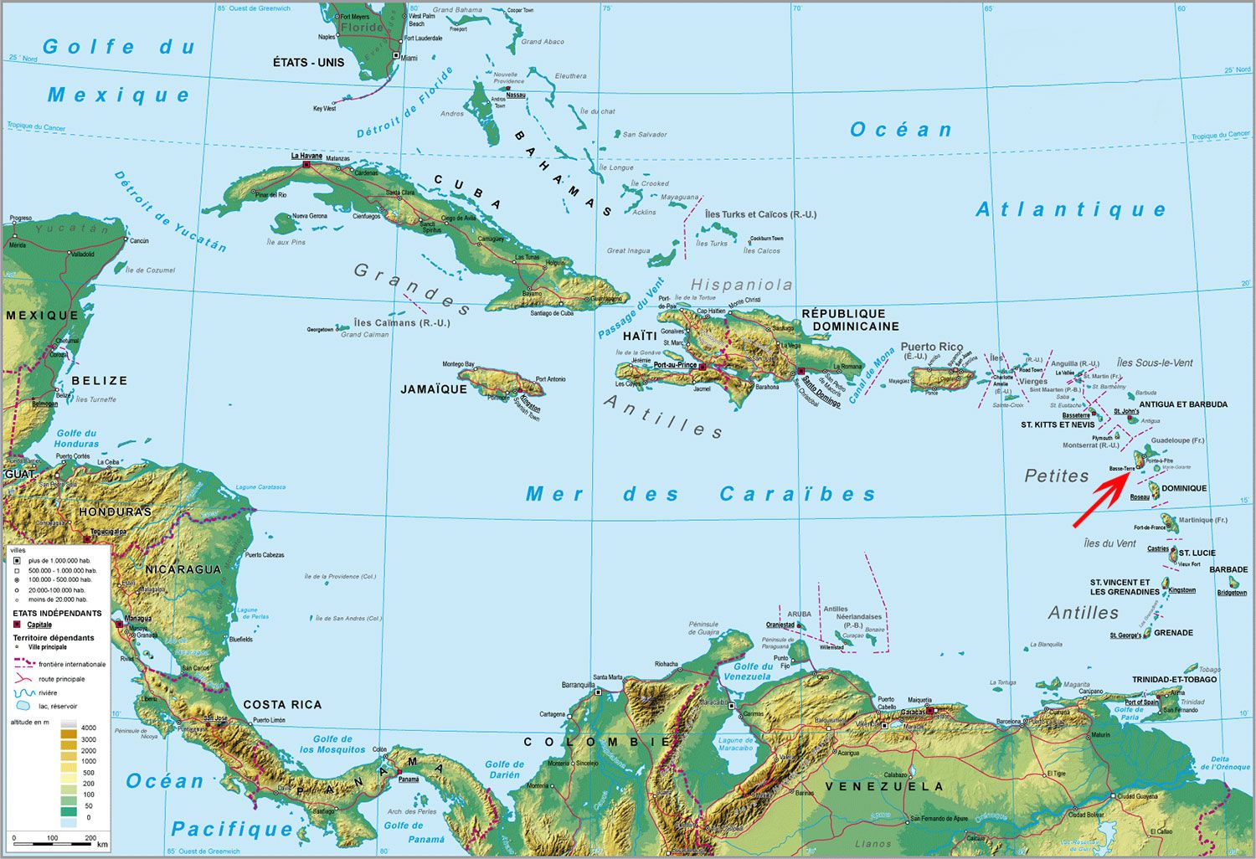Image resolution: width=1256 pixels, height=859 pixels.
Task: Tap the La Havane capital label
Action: coord(306,156)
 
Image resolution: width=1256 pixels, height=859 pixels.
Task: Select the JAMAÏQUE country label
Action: coord(434,389)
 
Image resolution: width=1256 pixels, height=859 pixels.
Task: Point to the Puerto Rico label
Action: coord(931,347)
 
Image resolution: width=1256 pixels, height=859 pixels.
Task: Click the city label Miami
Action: coord(409,58)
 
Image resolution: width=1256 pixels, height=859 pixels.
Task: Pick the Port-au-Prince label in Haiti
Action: coord(675,365)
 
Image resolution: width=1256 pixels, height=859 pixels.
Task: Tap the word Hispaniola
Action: coord(741,285)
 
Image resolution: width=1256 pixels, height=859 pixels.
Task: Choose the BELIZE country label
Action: coord(100,381)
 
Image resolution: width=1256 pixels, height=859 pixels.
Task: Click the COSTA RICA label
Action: coord(282,705)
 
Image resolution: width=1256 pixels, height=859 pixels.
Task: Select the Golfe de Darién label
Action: coord(504,769)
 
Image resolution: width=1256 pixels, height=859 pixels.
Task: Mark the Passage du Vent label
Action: coord(631,309)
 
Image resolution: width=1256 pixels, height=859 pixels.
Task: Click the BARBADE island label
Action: coord(1228,570)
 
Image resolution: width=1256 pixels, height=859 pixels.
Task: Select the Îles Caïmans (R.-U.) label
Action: coord(402,323)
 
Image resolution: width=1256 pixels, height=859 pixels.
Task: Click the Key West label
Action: coord(324,109)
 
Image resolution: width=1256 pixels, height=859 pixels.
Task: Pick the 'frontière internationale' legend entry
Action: coord(72,664)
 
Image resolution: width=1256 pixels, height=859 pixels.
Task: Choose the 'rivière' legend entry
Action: coord(48,693)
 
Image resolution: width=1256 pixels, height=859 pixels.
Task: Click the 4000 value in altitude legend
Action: coord(88,728)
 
